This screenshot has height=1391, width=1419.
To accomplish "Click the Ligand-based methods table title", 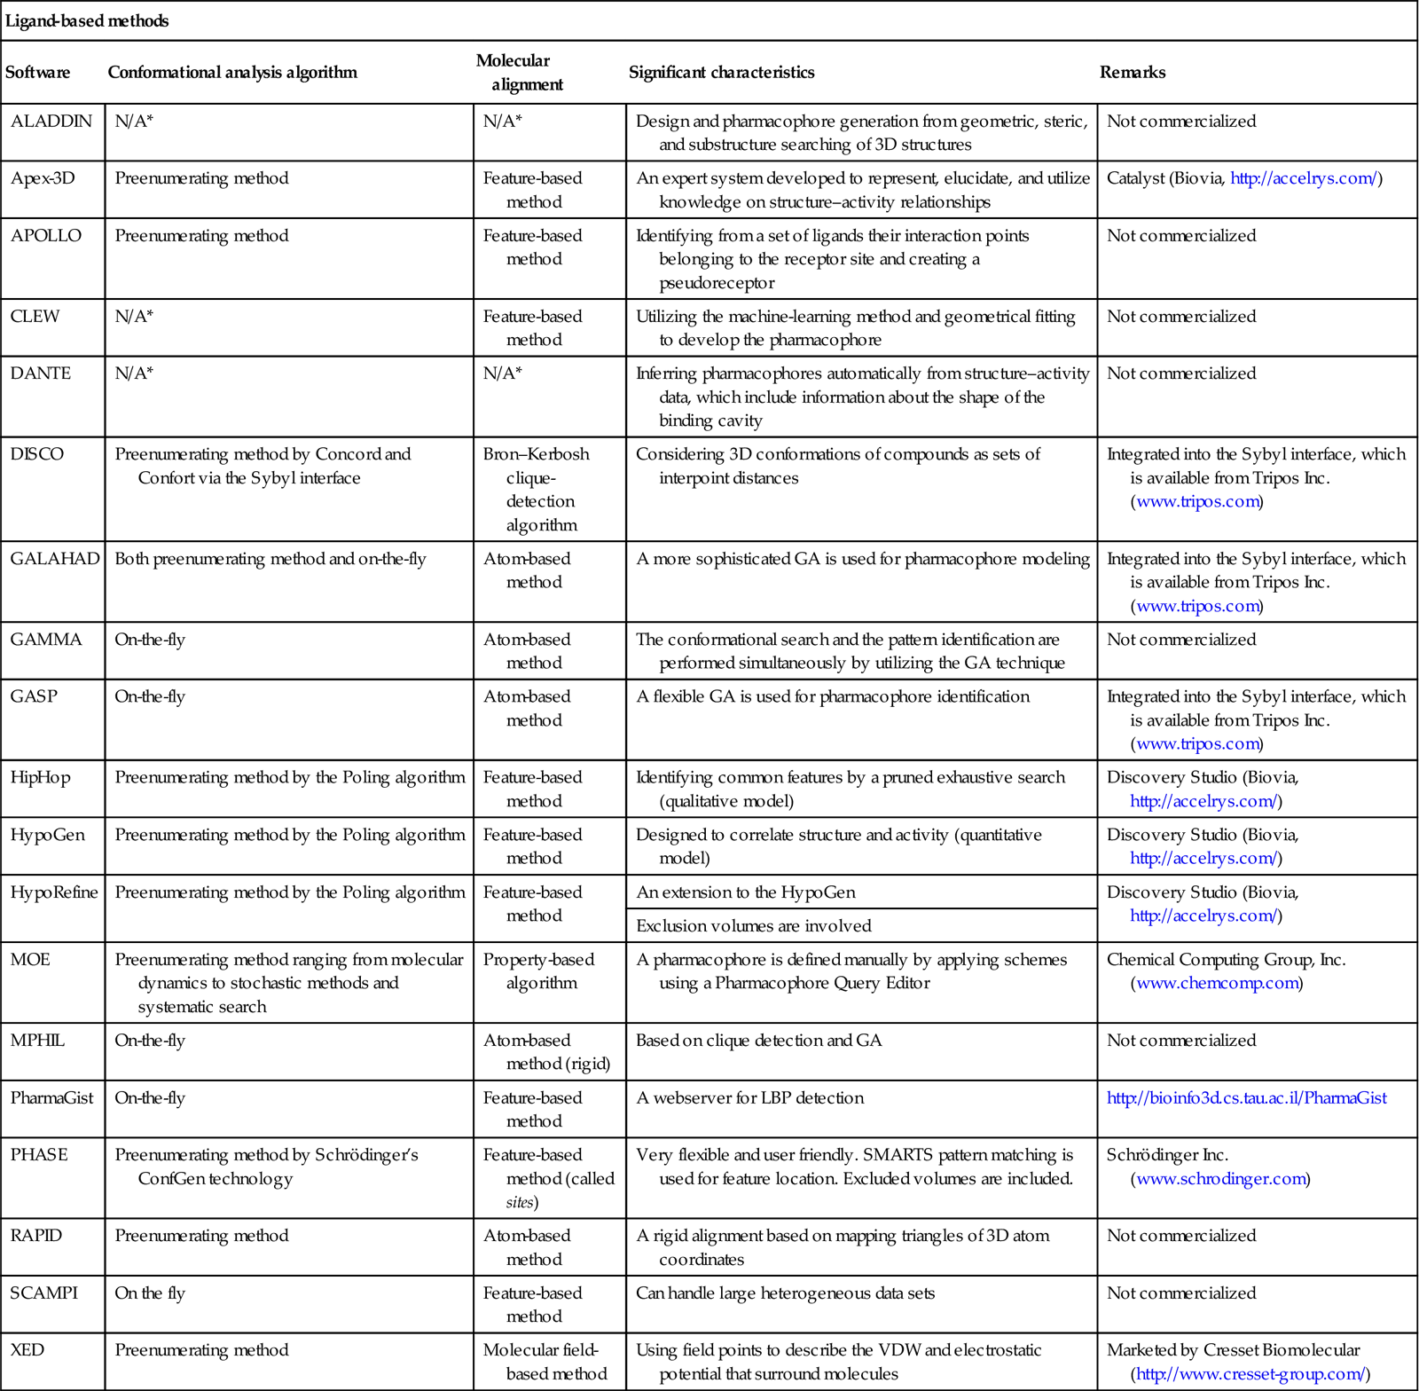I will point(87,20).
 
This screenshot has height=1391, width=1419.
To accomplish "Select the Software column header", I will point(37,72).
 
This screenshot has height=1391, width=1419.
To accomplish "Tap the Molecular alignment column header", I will point(519,72).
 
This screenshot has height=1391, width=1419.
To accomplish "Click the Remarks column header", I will point(1133,72).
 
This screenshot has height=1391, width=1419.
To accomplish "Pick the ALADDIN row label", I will point(51,122).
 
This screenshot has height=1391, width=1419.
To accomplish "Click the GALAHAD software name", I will point(55,559).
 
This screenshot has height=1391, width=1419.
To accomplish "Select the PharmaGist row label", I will point(51,1098).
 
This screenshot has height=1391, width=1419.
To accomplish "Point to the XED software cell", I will point(27,1350).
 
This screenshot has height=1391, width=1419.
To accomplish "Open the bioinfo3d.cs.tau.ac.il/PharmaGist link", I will point(1246,1098).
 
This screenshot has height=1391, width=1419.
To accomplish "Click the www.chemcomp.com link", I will point(1217,983).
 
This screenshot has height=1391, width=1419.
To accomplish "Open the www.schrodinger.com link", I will point(1220,1179).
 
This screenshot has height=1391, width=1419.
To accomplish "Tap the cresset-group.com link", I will point(1250,1374).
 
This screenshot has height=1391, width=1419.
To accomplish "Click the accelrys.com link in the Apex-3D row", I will point(1303,178).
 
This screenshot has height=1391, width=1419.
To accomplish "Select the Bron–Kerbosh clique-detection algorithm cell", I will point(537,489).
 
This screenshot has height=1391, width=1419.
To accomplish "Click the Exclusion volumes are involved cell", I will point(754,926).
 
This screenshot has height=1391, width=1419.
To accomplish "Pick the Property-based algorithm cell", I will point(538,971).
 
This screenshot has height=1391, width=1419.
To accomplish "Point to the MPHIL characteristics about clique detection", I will point(759,1041).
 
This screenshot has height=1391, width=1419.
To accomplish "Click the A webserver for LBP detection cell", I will point(750,1098).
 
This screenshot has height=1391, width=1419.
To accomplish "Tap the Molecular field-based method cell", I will point(545,1362).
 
